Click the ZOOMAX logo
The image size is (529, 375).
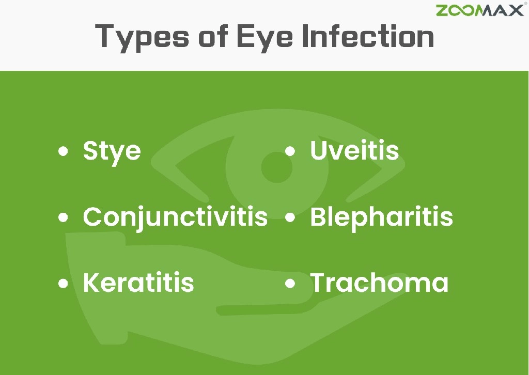479,10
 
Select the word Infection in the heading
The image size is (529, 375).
367,36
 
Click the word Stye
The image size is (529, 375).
112,151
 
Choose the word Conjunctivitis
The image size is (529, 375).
175,217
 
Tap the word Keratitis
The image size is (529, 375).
138,283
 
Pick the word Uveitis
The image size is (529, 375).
354,150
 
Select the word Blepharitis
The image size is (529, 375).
381,217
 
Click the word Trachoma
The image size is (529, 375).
379,283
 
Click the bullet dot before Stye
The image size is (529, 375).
63,151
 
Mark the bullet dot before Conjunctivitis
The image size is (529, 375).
63,217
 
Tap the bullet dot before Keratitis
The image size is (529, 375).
63,283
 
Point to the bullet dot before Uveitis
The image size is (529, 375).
290,151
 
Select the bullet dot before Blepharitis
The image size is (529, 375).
290,217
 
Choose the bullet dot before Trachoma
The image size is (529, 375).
290,283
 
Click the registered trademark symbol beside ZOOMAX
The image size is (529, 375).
525,4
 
